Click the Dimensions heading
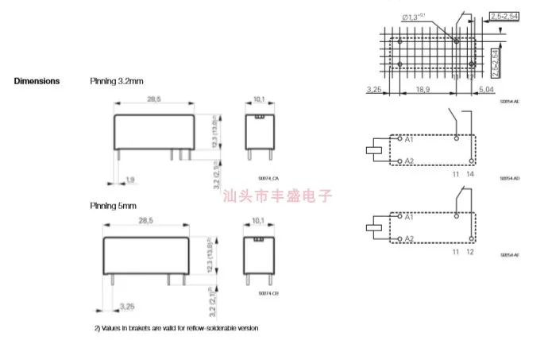pos(37,81)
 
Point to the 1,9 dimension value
pos(130,179)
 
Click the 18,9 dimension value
pos(424,91)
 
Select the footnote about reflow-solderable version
pos(177,327)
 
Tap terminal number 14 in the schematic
pos(472,173)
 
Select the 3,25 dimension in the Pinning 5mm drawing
pos(126,305)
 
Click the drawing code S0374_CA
pos(270,180)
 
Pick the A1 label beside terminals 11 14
pos(409,140)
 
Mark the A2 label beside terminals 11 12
pos(409,238)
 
